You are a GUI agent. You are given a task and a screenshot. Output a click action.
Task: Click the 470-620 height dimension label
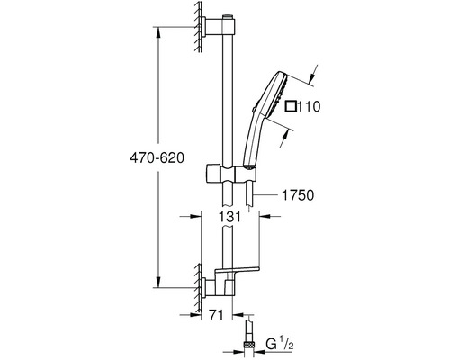pyautogui.click(x=157, y=157)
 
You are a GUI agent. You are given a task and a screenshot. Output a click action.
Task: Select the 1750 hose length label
pyautogui.click(x=298, y=195)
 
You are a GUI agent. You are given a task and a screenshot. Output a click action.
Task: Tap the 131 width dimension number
pyautogui.click(x=229, y=216)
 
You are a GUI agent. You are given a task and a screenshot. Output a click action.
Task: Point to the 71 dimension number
pyautogui.click(x=216, y=315)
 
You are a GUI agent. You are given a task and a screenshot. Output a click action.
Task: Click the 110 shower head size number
pyautogui.click(x=310, y=106)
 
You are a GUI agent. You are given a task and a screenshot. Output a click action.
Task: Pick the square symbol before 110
pyautogui.click(x=291, y=106)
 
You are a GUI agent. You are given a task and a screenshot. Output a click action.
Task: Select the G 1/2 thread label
pyautogui.click(x=279, y=344)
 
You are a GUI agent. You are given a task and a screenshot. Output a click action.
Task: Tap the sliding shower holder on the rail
pyautogui.click(x=231, y=174)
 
